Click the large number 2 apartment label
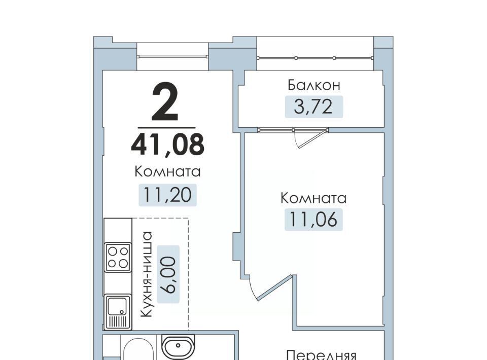coord(165,102)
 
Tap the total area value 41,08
coord(168,144)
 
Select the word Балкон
coord(314,85)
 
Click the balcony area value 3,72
coord(313,107)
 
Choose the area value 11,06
coord(313,220)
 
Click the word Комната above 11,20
coord(167,171)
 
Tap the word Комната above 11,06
coord(314,198)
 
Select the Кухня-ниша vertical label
coord(146,274)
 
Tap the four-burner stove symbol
coord(118,257)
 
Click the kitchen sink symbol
coord(117,312)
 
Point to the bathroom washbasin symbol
coord(178,346)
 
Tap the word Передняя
coord(321,355)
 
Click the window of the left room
coord(172,56)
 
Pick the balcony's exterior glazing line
coord(315,58)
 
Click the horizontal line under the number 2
coord(166,127)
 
